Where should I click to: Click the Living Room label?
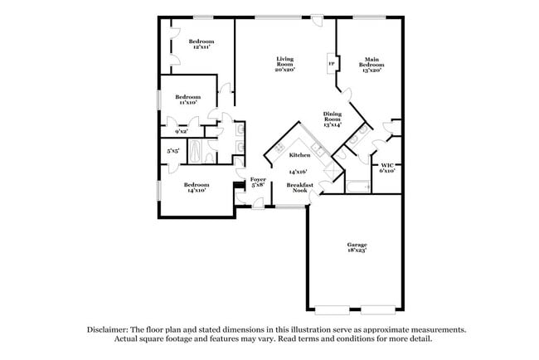click(x=284, y=61)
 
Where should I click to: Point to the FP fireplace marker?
click(x=331, y=64)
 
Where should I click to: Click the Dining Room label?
click(x=333, y=115)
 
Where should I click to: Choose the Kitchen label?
click(x=299, y=155)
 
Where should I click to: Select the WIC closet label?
click(x=387, y=165)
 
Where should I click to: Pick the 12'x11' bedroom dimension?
click(x=201, y=47)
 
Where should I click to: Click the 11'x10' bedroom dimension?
click(x=186, y=103)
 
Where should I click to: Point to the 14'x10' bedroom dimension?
click(x=196, y=191)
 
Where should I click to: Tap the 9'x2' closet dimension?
click(x=181, y=132)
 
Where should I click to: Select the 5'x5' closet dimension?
click(x=173, y=151)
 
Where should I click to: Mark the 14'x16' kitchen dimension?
click(x=298, y=172)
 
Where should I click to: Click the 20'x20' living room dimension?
click(x=284, y=70)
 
